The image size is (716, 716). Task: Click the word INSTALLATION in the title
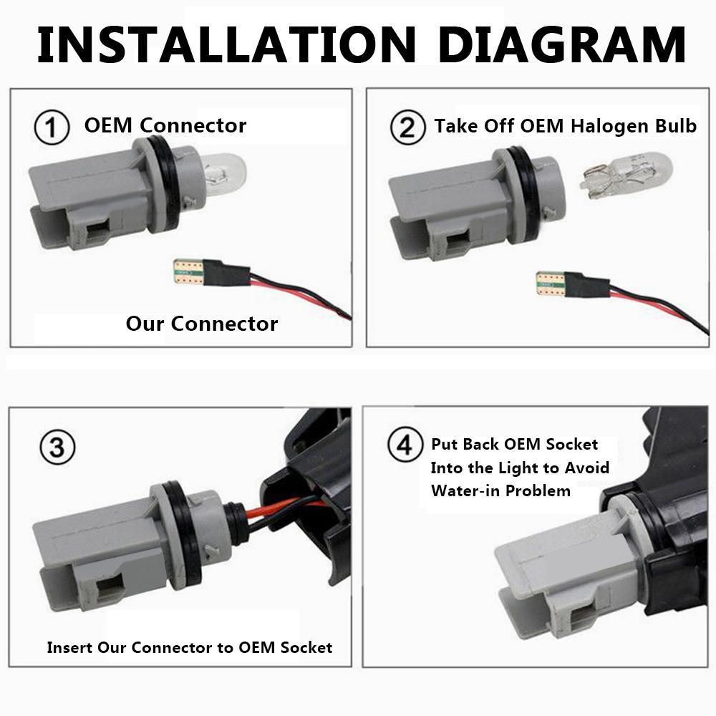pyautogui.click(x=226, y=44)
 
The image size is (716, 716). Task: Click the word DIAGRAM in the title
pyautogui.click(x=561, y=44)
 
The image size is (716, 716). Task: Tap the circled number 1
pyautogui.click(x=52, y=127)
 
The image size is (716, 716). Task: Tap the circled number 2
pyautogui.click(x=408, y=127)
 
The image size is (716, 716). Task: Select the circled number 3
pyautogui.click(x=57, y=447)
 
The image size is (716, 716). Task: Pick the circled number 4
pyautogui.click(x=405, y=445)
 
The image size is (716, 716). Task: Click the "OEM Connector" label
pyautogui.click(x=165, y=125)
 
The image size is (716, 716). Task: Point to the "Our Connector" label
pyautogui.click(x=201, y=324)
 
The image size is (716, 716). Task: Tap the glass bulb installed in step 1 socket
pyautogui.click(x=223, y=174)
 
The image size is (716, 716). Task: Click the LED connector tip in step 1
pyautogui.click(x=189, y=272)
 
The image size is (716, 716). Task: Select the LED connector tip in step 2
pyautogui.click(x=551, y=284)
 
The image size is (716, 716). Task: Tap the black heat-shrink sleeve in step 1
pyautogui.click(x=228, y=273)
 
